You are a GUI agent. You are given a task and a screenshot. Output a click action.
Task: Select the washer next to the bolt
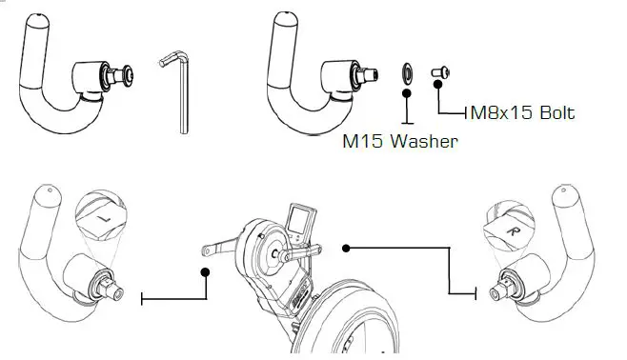pos(406,74)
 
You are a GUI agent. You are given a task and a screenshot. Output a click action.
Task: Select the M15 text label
pos(365,142)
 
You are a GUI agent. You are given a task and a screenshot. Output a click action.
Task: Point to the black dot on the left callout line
pos(204,271)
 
